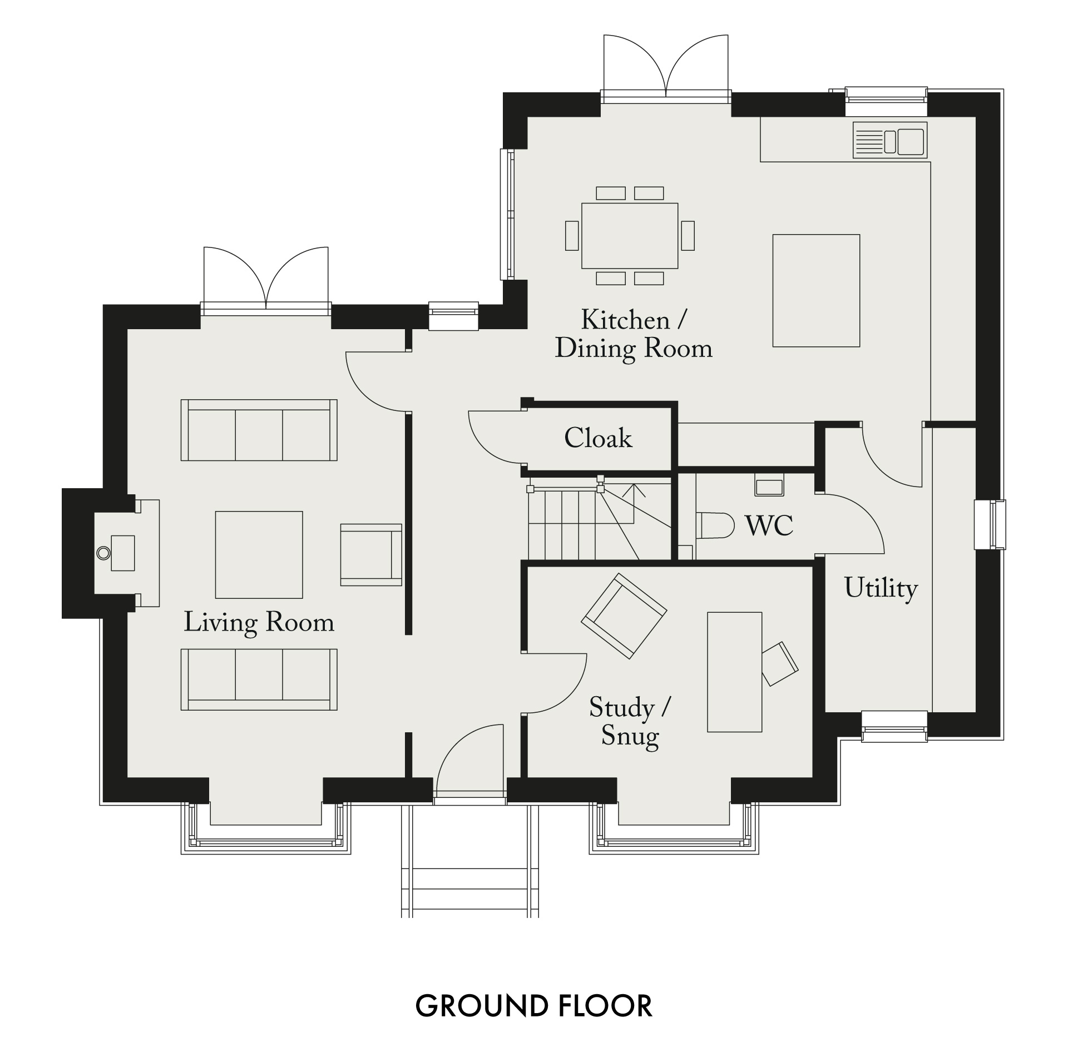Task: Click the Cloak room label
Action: tap(598, 438)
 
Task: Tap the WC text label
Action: tap(769, 525)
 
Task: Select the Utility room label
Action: tap(881, 589)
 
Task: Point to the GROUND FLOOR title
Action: tap(534, 1005)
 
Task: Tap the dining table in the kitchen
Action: tap(630, 236)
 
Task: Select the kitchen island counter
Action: tap(816, 291)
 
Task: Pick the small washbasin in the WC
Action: tap(769, 485)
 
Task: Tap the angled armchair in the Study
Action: tap(624, 616)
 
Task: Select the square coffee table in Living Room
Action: tap(259, 555)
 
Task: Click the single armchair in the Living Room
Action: tap(371, 554)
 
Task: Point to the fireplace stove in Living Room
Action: tap(122, 553)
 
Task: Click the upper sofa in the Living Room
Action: tap(259, 430)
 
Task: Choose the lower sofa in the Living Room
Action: tap(259, 679)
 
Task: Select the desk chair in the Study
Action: tap(780, 664)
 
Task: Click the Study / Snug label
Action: tap(630, 722)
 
